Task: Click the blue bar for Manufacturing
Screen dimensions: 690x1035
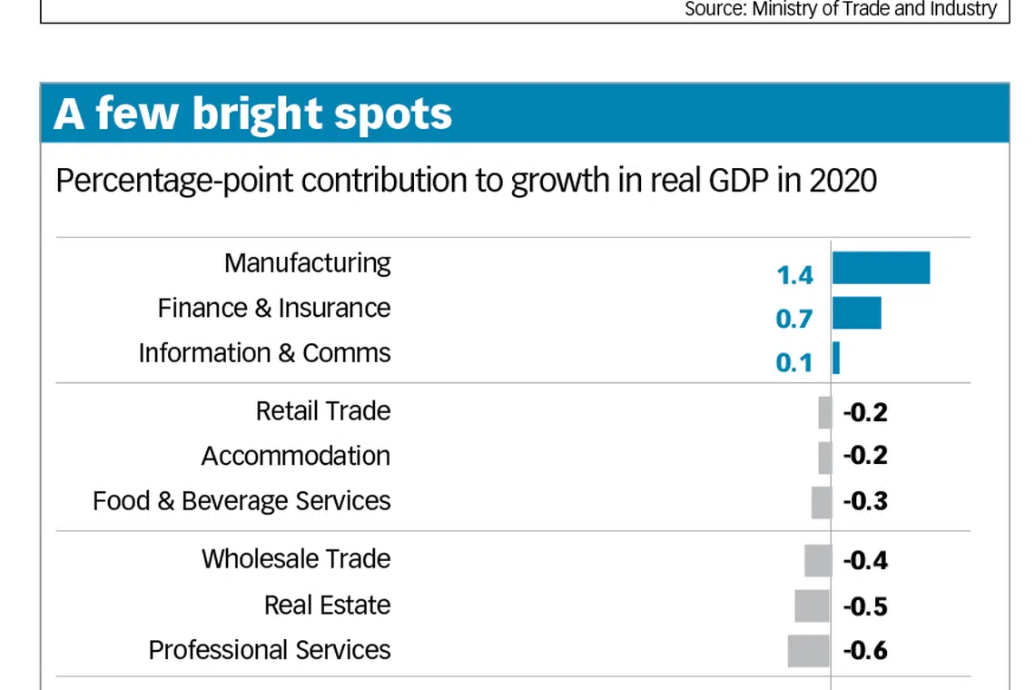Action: [881, 268]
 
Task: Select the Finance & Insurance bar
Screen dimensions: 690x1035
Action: [856, 313]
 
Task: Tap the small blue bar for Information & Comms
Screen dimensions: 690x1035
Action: [836, 358]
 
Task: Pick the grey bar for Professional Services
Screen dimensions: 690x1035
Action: [808, 651]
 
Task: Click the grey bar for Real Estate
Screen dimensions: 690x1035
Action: [812, 606]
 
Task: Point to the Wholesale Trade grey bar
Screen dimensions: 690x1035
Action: [817, 560]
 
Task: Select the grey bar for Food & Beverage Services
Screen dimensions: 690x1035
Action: [821, 502]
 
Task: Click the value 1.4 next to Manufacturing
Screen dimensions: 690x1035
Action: [794, 275]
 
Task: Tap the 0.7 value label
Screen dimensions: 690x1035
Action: [794, 319]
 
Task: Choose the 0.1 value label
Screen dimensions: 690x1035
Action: [794, 363]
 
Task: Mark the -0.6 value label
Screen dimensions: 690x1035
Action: [865, 651]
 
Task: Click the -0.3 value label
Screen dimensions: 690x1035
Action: [865, 502]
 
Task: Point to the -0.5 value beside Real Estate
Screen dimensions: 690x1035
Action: [865, 606]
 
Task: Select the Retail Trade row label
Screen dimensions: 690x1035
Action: [323, 411]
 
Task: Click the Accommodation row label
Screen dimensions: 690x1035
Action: [296, 456]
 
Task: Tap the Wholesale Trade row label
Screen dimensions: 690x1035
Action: [296, 558]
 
